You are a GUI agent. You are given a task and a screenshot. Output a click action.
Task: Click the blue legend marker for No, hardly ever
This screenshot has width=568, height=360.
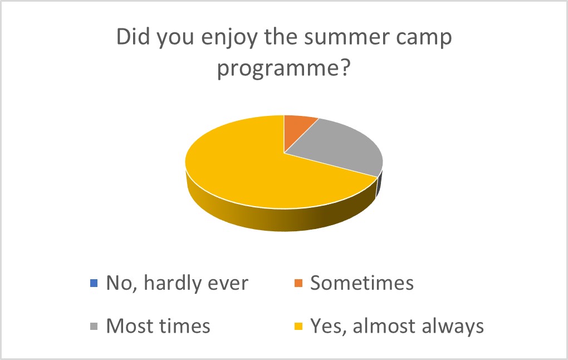tap(94, 283)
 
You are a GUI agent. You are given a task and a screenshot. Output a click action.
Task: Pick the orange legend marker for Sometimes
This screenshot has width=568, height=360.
tap(298, 283)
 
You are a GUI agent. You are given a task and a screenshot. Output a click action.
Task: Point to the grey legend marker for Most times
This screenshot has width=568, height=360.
tap(94, 326)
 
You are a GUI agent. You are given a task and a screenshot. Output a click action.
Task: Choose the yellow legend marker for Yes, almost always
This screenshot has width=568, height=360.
tap(298, 326)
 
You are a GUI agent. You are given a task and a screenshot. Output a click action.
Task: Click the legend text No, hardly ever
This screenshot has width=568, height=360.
tap(177, 283)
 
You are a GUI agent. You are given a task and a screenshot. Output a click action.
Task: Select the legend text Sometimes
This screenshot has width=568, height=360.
tap(362, 283)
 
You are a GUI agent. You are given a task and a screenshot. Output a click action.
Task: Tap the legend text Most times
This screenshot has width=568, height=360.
tap(158, 326)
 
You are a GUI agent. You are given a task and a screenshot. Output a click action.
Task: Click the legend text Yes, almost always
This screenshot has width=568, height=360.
tap(397, 327)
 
